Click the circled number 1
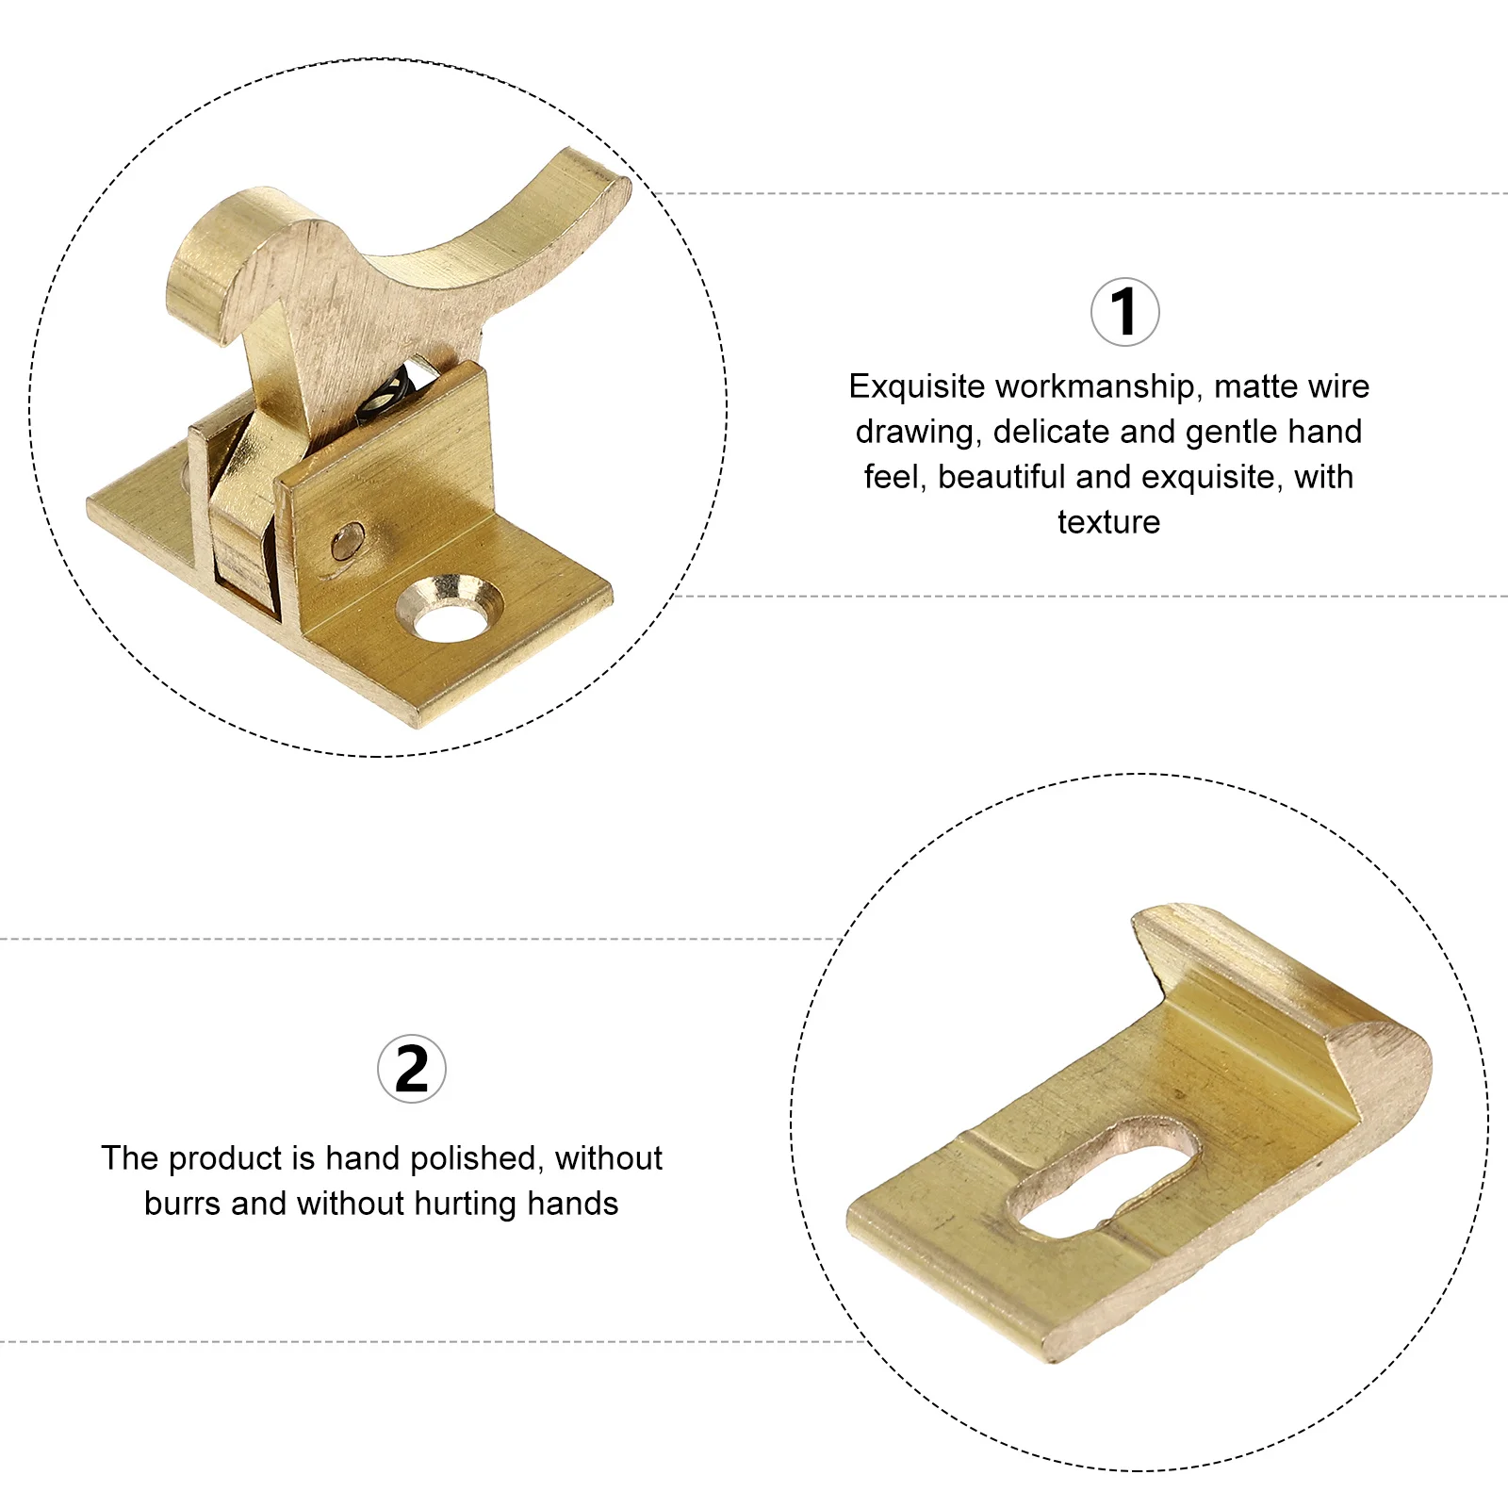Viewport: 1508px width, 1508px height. [1124, 312]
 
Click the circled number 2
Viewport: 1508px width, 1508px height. [412, 1069]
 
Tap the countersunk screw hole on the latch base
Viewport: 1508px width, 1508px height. [449, 610]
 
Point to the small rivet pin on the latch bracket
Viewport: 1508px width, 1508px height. [346, 542]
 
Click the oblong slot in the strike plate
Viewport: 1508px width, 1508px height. [1104, 1177]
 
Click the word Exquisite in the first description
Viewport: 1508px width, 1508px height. [917, 386]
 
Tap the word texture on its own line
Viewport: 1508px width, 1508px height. [1108, 522]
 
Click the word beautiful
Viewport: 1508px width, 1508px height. [1001, 477]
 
